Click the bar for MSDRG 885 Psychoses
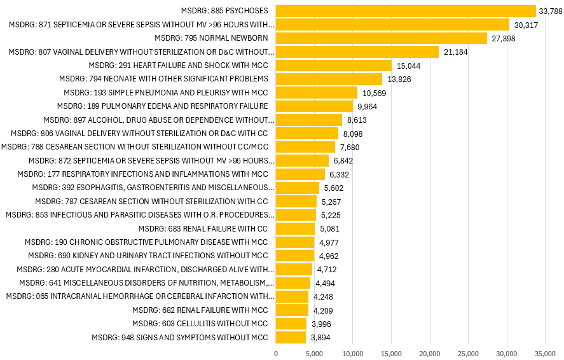point(406,11)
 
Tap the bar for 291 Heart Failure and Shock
point(334,65)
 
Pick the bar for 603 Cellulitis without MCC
point(291,324)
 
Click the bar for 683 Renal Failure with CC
point(296,228)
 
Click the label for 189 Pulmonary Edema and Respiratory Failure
point(162,106)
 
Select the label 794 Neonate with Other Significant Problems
point(163,78)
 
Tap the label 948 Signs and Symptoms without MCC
point(180,337)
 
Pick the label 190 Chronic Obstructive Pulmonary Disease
point(146,242)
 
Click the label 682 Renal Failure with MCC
point(200,310)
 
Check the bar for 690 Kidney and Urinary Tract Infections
point(295,256)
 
